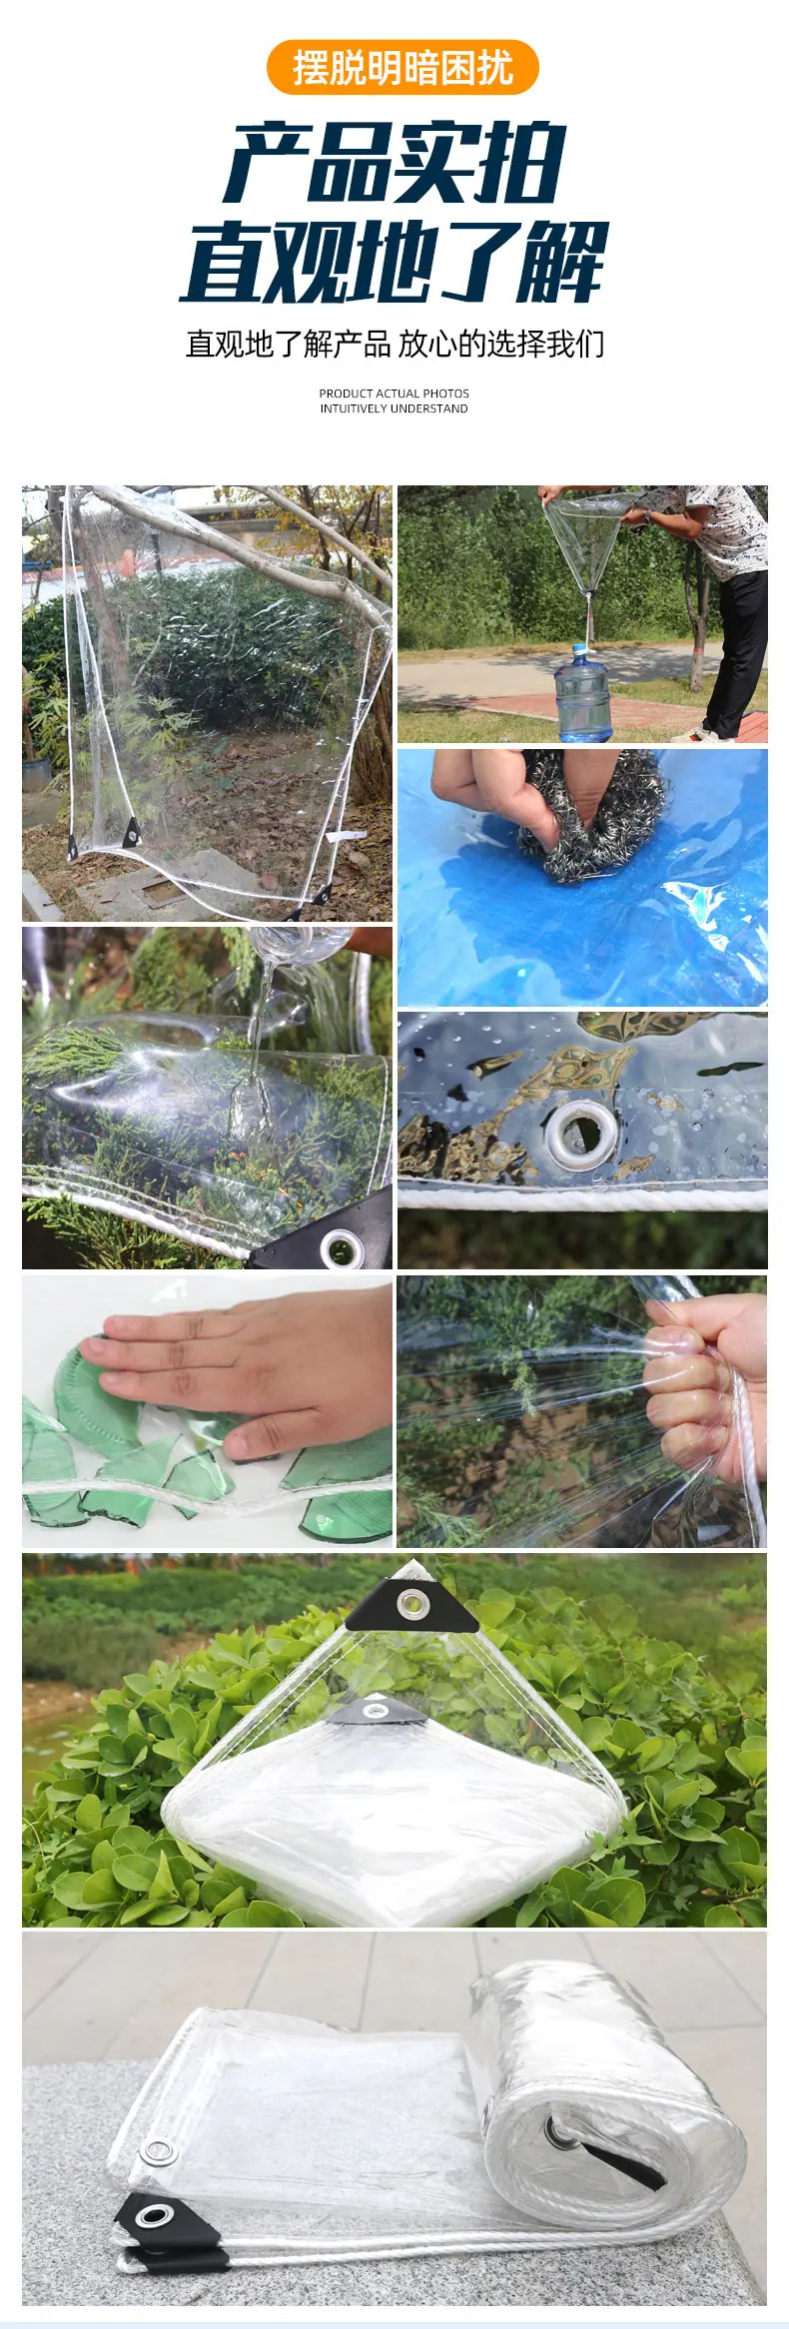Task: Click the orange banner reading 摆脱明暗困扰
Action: tap(402, 68)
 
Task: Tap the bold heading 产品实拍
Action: tap(395, 163)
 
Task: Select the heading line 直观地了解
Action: tap(394, 262)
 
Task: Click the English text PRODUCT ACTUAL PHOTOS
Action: tap(394, 393)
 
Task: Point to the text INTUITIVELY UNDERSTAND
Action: tap(394, 408)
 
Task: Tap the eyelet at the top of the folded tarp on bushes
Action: tap(410, 1604)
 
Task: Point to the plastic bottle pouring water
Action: tap(300, 944)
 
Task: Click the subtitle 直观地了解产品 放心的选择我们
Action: tap(395, 344)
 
